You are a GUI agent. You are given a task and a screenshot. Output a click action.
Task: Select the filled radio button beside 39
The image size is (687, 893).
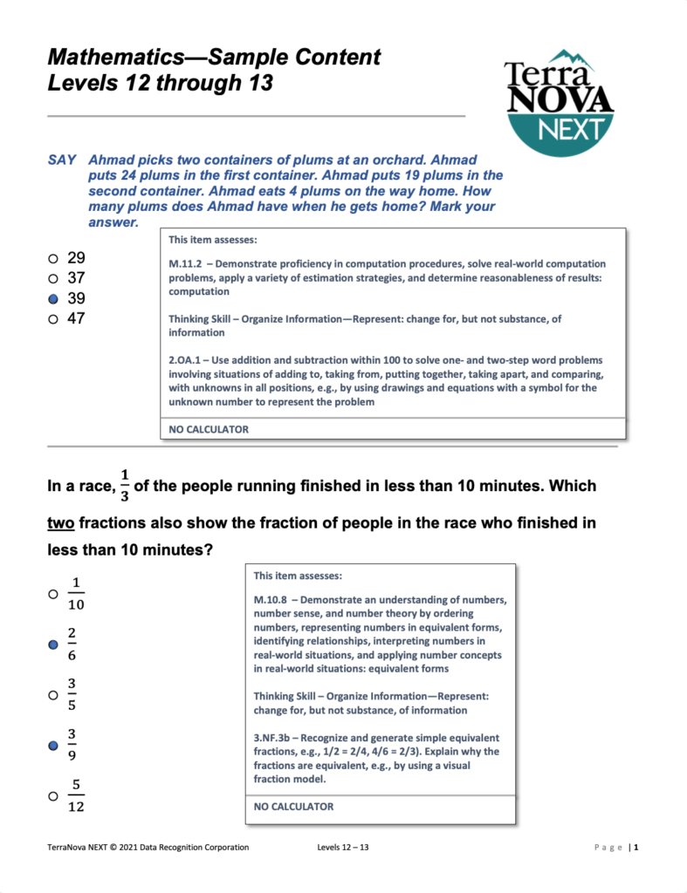53,298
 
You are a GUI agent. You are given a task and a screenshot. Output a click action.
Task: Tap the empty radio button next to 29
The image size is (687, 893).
53,258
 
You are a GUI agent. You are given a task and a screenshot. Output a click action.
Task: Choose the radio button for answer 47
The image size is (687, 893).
53,319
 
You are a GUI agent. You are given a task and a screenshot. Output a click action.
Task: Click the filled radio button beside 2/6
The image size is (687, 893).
53,644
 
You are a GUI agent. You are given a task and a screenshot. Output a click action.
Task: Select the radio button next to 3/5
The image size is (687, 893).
53,695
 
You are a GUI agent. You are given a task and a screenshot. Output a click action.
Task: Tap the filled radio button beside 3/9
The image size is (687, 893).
53,746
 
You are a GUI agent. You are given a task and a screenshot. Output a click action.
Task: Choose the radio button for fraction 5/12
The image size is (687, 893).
53,796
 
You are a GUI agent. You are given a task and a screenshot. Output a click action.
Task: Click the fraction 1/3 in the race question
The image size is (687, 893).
124,486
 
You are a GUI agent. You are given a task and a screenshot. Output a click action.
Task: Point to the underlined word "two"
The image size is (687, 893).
62,523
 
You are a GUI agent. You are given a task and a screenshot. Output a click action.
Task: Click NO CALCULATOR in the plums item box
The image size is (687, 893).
209,429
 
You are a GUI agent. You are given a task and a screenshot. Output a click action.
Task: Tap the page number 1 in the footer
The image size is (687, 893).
636,847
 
